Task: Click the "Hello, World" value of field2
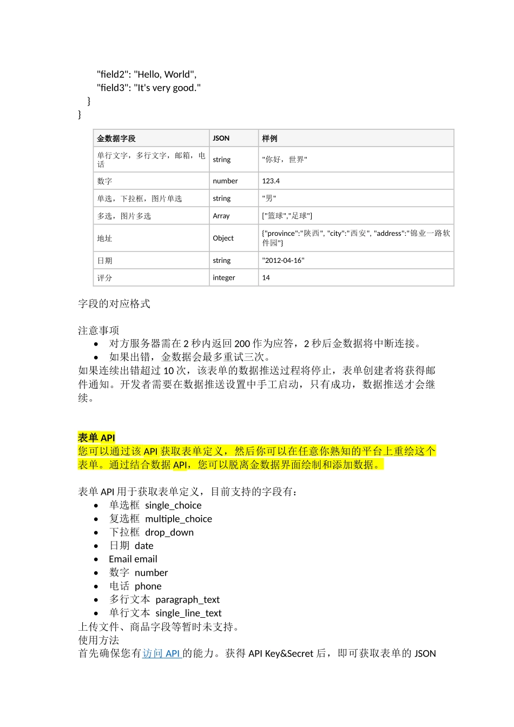coord(164,75)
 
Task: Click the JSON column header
coord(221,138)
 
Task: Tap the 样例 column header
coord(269,138)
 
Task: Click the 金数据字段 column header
coord(116,138)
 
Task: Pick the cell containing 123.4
coord(271,181)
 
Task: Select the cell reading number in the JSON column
coord(225,181)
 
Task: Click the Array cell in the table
coord(221,216)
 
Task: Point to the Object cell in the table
coord(223,238)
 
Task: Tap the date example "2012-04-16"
coord(284,260)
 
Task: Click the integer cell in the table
coord(224,277)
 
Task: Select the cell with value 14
coord(266,277)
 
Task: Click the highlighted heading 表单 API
coord(96,438)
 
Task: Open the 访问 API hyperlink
coord(161,653)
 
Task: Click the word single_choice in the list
coord(173,505)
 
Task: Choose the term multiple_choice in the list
coord(179,519)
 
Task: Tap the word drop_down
coord(169,532)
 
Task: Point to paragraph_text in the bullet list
coord(187,599)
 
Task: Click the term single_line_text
coord(188,613)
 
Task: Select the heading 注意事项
coord(98,330)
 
